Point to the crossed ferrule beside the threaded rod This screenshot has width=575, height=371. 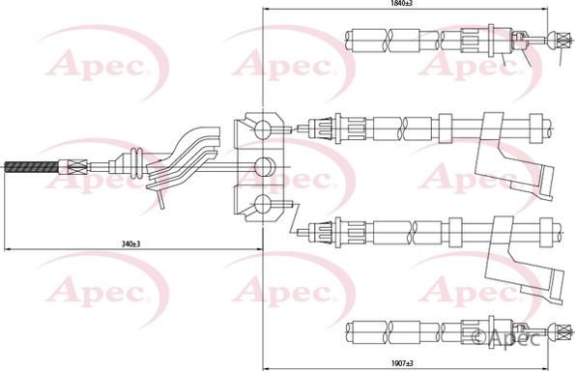coord(68,167)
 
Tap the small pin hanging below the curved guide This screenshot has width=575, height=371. coord(159,199)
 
